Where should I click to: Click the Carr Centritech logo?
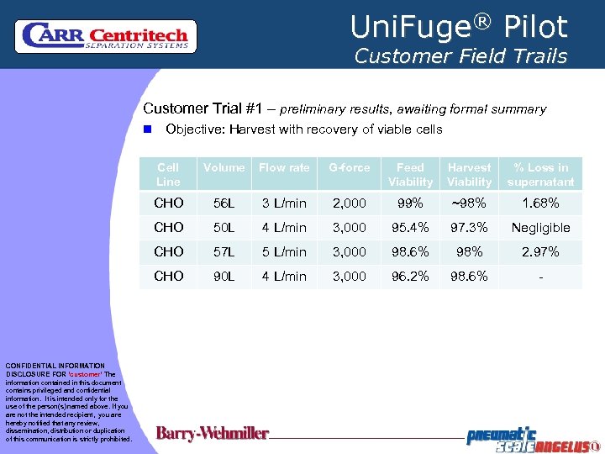pos(106,35)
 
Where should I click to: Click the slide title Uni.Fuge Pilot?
pos(459,27)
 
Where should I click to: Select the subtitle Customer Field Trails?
pos(460,56)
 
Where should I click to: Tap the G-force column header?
pos(349,167)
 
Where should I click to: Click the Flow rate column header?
pos(284,167)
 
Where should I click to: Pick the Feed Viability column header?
pos(410,174)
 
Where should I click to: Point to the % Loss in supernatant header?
pos(541,174)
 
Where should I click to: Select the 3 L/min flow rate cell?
pos(284,203)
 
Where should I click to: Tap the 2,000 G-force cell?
pos(349,203)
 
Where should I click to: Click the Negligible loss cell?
pos(541,228)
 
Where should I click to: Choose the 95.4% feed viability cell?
pos(410,228)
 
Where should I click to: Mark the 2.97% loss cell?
pos(541,252)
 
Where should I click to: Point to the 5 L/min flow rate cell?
pos(284,252)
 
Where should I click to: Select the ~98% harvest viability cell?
pos(469,203)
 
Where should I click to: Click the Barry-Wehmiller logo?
pos(213,434)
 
